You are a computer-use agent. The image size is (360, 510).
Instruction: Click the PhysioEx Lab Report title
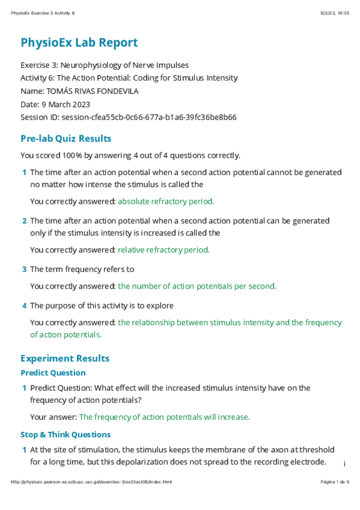click(x=79, y=43)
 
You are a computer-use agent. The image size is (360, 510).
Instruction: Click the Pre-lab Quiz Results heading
click(x=66, y=138)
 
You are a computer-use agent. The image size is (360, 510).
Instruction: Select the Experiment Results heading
click(x=65, y=358)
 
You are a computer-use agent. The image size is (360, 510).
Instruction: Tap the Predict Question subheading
click(x=53, y=373)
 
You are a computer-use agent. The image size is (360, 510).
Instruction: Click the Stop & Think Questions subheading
click(x=66, y=434)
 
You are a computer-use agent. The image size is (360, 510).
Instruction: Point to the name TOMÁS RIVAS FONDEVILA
click(x=111, y=91)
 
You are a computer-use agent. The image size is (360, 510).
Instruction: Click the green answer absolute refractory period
click(x=166, y=201)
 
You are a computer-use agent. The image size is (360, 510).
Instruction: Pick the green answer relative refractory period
click(x=163, y=250)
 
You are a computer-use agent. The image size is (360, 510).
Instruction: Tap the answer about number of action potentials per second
click(x=197, y=286)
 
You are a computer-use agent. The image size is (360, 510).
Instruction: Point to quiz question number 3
click(x=24, y=269)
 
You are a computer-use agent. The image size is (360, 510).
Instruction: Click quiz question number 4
click(x=24, y=306)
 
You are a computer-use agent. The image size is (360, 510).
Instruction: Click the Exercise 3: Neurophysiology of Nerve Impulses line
click(x=113, y=65)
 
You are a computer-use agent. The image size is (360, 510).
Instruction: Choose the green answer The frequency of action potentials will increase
click(x=164, y=417)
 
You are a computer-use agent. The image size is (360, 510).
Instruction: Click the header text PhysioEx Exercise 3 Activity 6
click(x=43, y=13)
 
